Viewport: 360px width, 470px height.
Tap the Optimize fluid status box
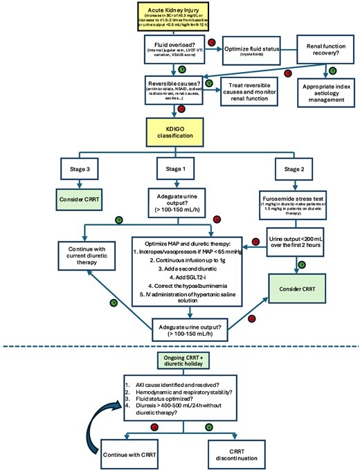[x=246, y=49]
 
